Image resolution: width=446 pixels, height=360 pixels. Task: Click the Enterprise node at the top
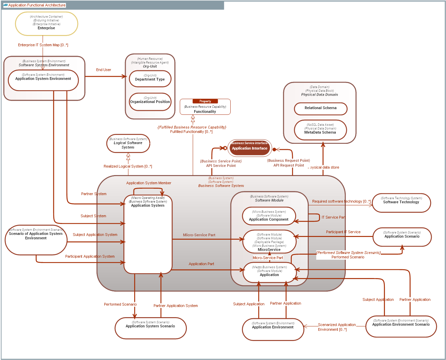47,24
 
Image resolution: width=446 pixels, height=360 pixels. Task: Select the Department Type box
150,79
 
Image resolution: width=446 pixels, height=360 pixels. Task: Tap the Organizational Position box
150,102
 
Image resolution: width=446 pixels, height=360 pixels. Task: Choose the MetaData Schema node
320,130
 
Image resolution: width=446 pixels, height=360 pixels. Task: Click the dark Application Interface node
250,148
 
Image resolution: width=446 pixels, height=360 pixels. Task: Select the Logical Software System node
128,143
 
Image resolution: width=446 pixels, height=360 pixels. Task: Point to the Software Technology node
401,203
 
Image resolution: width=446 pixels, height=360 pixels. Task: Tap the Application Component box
269,216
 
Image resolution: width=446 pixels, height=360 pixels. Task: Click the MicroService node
269,242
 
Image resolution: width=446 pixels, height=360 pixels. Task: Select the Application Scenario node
402,237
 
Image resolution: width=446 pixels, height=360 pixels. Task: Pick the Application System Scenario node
150,328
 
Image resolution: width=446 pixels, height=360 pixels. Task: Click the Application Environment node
273,329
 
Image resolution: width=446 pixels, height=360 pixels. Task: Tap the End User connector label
104,70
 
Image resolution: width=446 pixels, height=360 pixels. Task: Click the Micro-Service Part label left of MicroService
199,235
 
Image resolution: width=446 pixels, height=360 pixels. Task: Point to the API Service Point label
221,166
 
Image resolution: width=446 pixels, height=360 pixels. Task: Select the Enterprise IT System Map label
43,45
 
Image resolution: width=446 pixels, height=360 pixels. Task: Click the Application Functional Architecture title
37,5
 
